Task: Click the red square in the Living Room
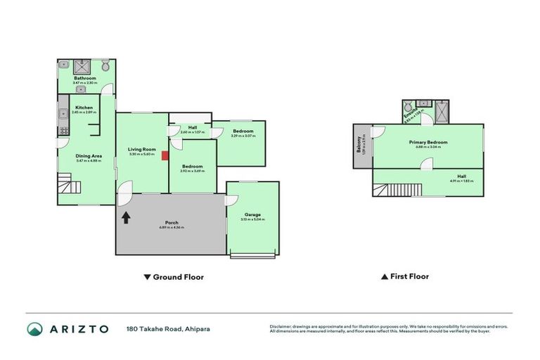tap(164, 155)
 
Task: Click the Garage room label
tap(252, 214)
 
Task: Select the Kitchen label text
tap(84, 108)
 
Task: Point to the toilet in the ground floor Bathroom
tap(105, 66)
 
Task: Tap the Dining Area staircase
tap(70, 188)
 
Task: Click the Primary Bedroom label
tap(427, 142)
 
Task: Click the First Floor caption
tap(405, 277)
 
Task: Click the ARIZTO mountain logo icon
tap(35, 329)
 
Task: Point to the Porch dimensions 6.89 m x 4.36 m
tap(171, 228)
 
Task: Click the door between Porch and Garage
tap(230, 200)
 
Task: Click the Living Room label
tap(141, 149)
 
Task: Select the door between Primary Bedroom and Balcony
tap(378, 131)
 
